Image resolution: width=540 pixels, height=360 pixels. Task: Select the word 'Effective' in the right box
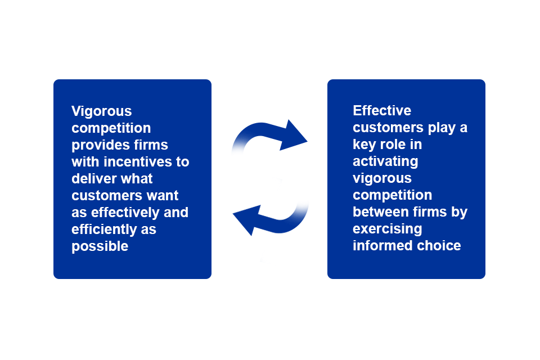pyautogui.click(x=382, y=110)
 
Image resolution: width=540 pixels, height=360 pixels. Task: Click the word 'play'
pyautogui.click(x=441, y=127)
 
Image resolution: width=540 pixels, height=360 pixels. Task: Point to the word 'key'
pyautogui.click(x=364, y=144)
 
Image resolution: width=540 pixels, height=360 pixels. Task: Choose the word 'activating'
pyautogui.click(x=385, y=161)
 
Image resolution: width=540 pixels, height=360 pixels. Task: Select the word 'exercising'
pyautogui.click(x=387, y=228)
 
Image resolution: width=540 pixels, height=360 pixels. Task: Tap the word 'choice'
pyautogui.click(x=439, y=245)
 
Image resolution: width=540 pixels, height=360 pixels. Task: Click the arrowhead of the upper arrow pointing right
pyautogui.click(x=295, y=136)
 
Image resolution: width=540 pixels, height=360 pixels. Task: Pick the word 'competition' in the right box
pyautogui.click(x=392, y=195)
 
